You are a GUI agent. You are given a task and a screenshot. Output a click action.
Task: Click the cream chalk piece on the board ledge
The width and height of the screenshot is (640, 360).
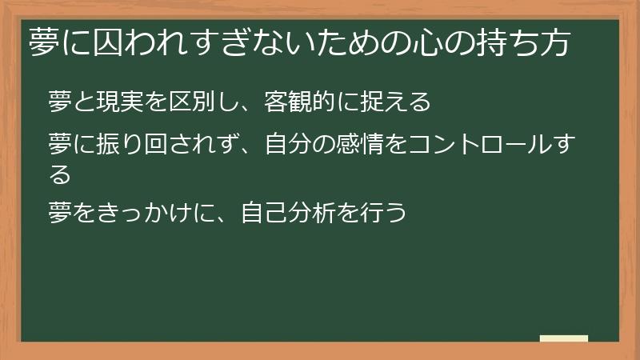(564, 338)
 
